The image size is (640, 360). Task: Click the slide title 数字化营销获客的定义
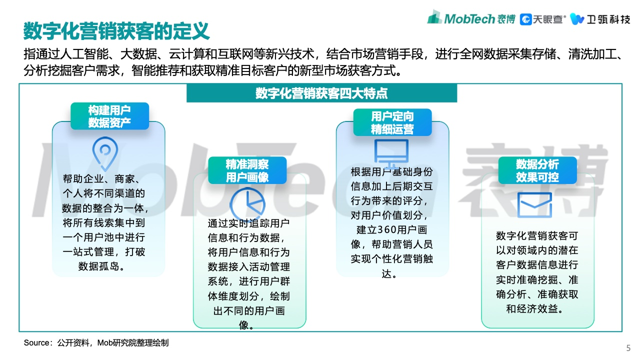tap(116, 31)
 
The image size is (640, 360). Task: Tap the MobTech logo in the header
tap(471, 18)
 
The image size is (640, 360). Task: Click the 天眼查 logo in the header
tap(542, 19)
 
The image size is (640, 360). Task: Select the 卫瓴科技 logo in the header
tap(600, 19)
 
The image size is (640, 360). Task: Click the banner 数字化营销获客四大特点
tap(321, 93)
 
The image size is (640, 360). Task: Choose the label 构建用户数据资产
tap(109, 116)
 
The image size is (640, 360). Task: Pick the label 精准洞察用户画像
tap(247, 170)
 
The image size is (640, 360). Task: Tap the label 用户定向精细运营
tap(392, 122)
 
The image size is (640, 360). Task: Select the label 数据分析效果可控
tap(537, 170)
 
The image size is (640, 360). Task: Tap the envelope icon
tap(534, 205)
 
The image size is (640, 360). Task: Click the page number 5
tap(628, 347)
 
